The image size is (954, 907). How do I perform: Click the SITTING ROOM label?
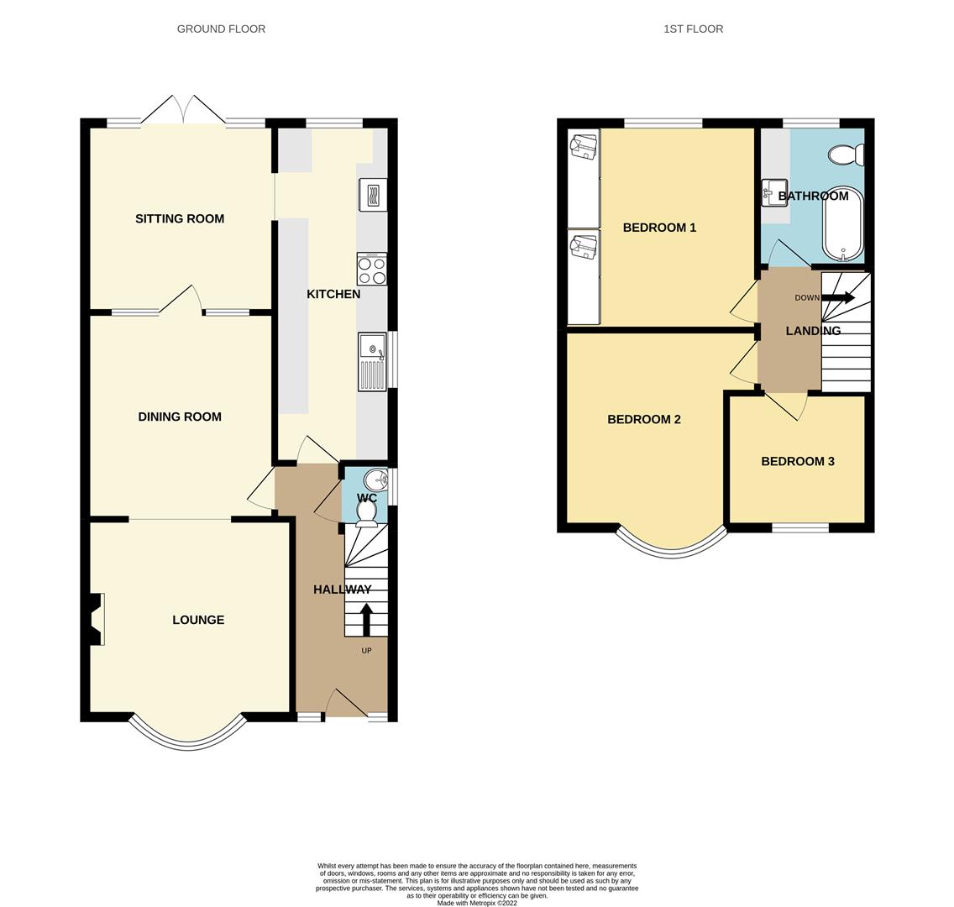pyautogui.click(x=180, y=219)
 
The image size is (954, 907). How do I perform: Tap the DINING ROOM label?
pyautogui.click(x=180, y=417)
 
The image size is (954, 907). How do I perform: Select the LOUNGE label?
pyautogui.click(x=198, y=620)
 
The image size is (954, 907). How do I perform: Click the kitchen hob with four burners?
pyautogui.click(x=372, y=269)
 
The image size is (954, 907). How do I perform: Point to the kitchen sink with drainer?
pyautogui.click(x=372, y=361)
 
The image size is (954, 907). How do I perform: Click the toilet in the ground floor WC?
pyautogui.click(x=366, y=514)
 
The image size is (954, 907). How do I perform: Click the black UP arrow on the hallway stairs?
pyautogui.click(x=366, y=619)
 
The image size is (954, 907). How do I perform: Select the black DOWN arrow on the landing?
pyautogui.click(x=838, y=297)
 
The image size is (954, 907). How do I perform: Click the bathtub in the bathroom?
pyautogui.click(x=842, y=223)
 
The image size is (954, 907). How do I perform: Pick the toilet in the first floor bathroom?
pyautogui.click(x=846, y=154)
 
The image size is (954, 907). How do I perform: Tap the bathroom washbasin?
pyautogui.click(x=774, y=192)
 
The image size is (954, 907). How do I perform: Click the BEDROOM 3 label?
pyautogui.click(x=798, y=461)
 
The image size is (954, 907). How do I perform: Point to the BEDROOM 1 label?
pyautogui.click(x=659, y=228)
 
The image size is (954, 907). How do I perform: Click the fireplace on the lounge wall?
pyautogui.click(x=96, y=619)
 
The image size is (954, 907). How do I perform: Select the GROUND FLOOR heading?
pyautogui.click(x=221, y=29)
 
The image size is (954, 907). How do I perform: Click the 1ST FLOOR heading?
pyautogui.click(x=693, y=29)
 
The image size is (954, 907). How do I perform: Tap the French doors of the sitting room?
pyautogui.click(x=183, y=110)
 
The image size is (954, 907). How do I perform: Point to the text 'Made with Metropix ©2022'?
pyautogui.click(x=477, y=903)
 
